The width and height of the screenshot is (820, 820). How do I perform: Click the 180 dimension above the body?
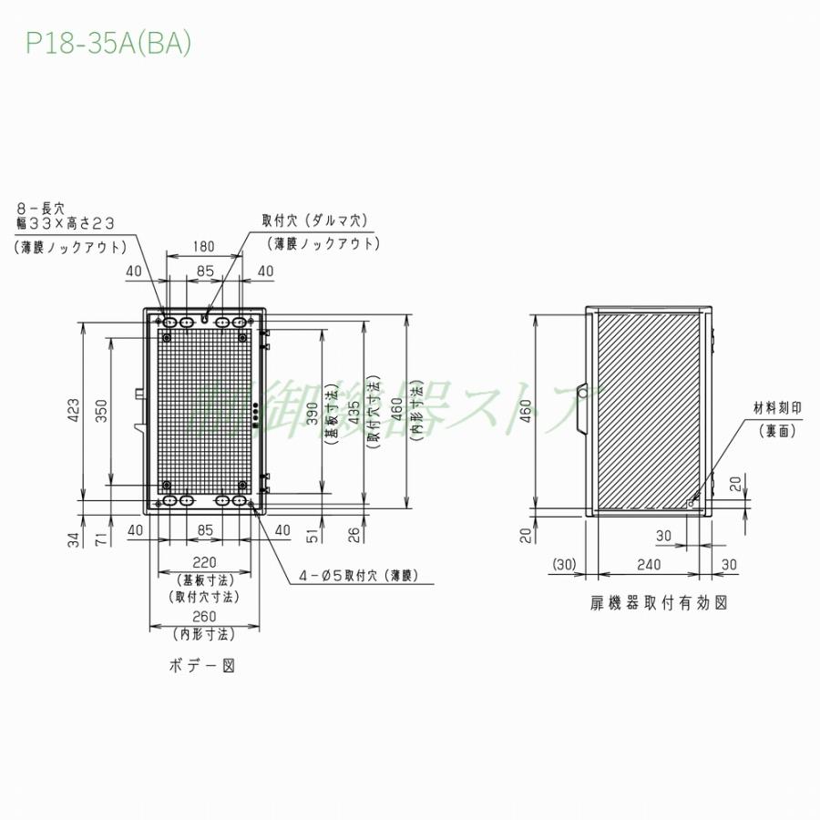tap(204, 246)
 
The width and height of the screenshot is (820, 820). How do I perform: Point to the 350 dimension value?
tap(103, 410)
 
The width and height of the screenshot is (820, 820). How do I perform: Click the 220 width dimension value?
tap(204, 562)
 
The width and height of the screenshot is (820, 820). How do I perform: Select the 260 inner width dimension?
tap(204, 616)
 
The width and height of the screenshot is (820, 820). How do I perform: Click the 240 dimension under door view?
tap(648, 565)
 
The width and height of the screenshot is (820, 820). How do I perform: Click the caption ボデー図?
tap(202, 666)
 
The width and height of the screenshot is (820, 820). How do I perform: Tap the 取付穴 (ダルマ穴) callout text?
tap(313, 220)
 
